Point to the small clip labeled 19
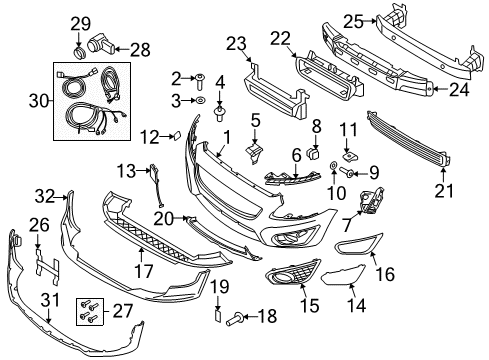(x=213, y=316)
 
